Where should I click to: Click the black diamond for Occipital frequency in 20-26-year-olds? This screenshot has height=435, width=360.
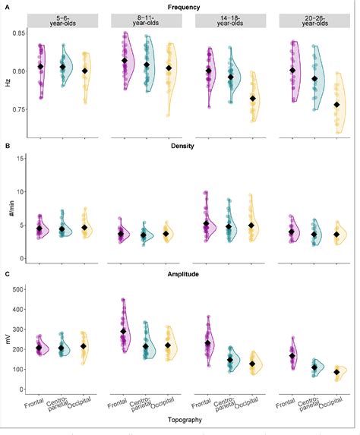336,106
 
